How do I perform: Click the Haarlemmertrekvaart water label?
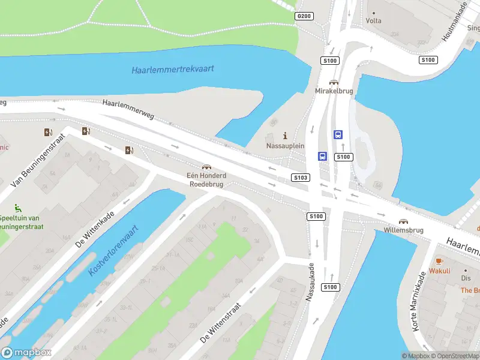[173, 69]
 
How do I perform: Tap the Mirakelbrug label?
[334, 91]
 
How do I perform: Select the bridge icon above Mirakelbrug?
[334, 82]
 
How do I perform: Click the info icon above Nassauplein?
[285, 136]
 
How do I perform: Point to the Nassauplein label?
[285, 146]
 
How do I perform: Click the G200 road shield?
[304, 16]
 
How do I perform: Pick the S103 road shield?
[301, 178]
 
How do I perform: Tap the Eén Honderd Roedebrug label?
[206, 180]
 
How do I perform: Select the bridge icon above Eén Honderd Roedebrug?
[206, 167]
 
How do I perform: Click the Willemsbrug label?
[403, 230]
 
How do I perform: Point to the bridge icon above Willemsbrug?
[403, 221]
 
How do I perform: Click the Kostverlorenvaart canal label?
[113, 250]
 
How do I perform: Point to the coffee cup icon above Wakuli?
[439, 261]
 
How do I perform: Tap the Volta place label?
[374, 19]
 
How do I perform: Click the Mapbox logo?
[26, 353]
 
